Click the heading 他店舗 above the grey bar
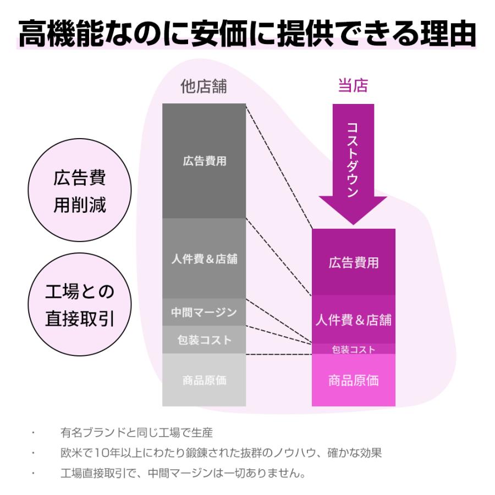point(204,86)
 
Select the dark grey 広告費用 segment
point(204,161)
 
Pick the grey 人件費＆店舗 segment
point(204,258)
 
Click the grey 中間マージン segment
point(204,312)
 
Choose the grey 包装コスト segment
point(204,340)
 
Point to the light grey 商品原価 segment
point(204,380)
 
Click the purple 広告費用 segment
point(354,262)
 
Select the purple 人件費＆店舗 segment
point(354,320)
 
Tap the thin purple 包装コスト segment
point(354,349)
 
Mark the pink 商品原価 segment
point(354,380)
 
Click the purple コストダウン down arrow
point(353,165)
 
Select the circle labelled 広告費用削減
point(80,191)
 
